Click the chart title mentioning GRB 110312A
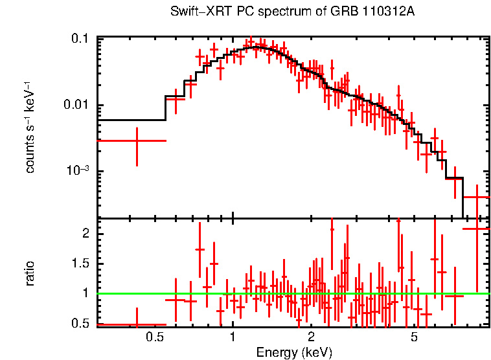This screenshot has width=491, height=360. point(292,12)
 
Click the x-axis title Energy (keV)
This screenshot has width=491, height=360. point(294,353)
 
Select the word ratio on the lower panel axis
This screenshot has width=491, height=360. point(30,273)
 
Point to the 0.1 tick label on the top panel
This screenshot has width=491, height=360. point(80,39)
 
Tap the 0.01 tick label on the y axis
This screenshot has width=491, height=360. point(76,105)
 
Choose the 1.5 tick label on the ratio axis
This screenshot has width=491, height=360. point(80,264)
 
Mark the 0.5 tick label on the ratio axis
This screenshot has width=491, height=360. point(80,323)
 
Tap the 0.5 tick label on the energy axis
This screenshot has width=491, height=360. point(154,337)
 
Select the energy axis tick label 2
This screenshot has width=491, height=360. point(312,337)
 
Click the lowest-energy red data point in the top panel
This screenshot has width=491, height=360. point(137,141)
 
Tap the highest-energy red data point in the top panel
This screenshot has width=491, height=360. point(477,197)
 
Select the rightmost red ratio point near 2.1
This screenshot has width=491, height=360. point(477,229)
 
